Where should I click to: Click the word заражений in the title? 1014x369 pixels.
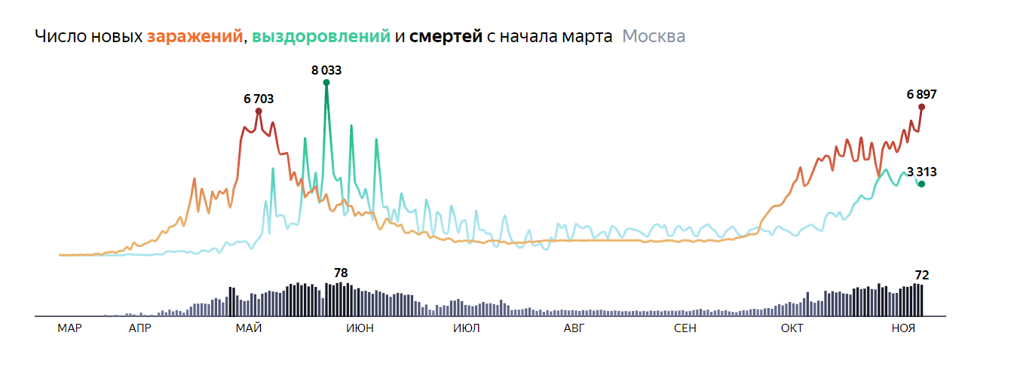click(195, 37)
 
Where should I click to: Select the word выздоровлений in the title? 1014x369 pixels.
click(321, 37)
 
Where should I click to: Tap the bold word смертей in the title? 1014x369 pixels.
click(446, 37)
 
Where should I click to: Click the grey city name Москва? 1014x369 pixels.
click(654, 37)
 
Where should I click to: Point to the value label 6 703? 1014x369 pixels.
click(259, 99)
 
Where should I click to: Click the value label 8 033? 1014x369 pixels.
click(326, 70)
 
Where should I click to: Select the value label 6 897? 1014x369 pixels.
click(921, 94)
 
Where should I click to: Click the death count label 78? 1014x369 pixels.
click(342, 273)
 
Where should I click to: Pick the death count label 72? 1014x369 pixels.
click(921, 274)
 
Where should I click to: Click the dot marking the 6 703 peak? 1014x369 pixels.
click(259, 111)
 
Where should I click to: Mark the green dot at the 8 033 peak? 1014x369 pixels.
click(326, 83)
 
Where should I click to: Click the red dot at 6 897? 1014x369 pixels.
click(921, 107)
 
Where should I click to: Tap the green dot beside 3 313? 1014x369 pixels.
click(921, 184)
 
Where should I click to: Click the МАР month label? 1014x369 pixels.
click(69, 328)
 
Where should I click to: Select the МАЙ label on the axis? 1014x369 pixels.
click(249, 328)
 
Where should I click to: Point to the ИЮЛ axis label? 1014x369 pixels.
click(466, 328)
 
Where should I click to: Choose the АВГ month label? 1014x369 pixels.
click(574, 328)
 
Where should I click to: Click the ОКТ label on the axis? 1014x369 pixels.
click(792, 328)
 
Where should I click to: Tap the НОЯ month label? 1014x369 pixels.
click(903, 328)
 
